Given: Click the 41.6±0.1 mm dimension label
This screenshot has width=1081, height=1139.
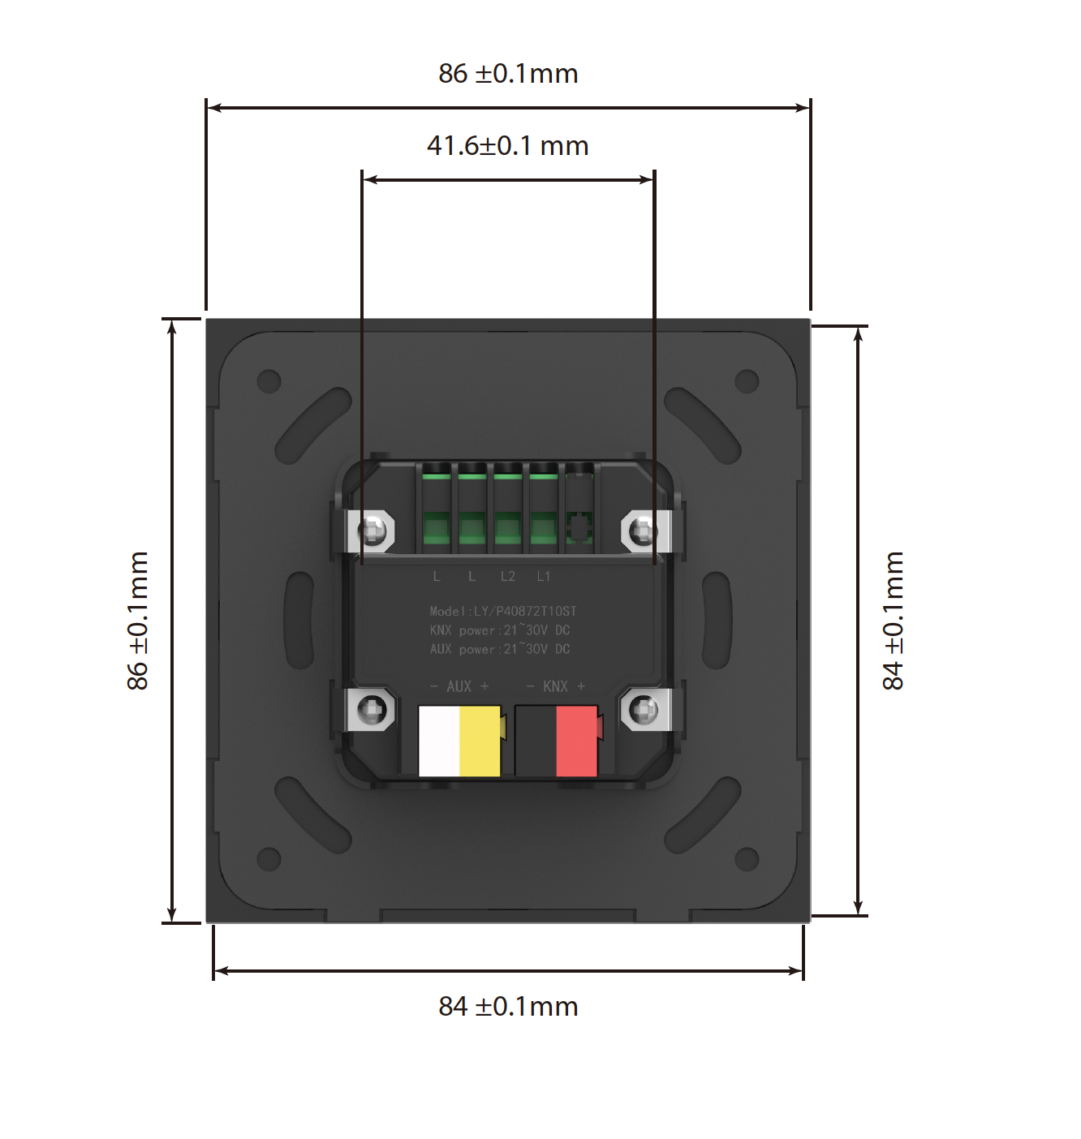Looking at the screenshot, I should pyautogui.click(x=507, y=146).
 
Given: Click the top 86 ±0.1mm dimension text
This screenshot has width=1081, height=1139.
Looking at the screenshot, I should pyautogui.click(x=508, y=74).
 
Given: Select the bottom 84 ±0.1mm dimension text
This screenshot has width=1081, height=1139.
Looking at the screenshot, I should pyautogui.click(x=508, y=1007).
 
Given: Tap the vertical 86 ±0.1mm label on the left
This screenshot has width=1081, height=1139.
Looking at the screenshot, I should pyautogui.click(x=138, y=621).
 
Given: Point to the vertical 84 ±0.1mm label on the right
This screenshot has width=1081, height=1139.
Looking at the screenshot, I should pyautogui.click(x=893, y=621).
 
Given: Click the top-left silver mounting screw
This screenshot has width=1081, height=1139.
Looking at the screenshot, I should pyautogui.click(x=373, y=531).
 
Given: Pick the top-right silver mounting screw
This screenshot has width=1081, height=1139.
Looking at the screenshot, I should pyautogui.click(x=644, y=531).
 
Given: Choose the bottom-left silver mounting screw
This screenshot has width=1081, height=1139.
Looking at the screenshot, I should pyautogui.click(x=373, y=710).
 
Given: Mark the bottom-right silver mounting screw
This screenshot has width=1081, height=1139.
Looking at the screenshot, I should pyautogui.click(x=644, y=710).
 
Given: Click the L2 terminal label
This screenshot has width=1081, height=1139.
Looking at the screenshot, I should pyautogui.click(x=508, y=576).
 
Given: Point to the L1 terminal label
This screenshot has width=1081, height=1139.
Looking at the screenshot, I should pyautogui.click(x=544, y=576).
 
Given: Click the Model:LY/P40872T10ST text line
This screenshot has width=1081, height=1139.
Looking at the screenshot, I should pyautogui.click(x=503, y=611).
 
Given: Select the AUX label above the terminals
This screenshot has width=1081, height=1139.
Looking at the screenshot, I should pyautogui.click(x=459, y=686).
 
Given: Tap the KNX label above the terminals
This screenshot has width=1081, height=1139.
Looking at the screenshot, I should pyautogui.click(x=556, y=686).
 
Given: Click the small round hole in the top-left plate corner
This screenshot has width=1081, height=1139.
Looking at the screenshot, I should pyautogui.click(x=269, y=380).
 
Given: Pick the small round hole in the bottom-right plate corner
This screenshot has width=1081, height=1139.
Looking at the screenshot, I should pyautogui.click(x=747, y=858).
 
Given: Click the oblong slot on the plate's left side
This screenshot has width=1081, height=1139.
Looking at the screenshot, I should pyautogui.click(x=299, y=620).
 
